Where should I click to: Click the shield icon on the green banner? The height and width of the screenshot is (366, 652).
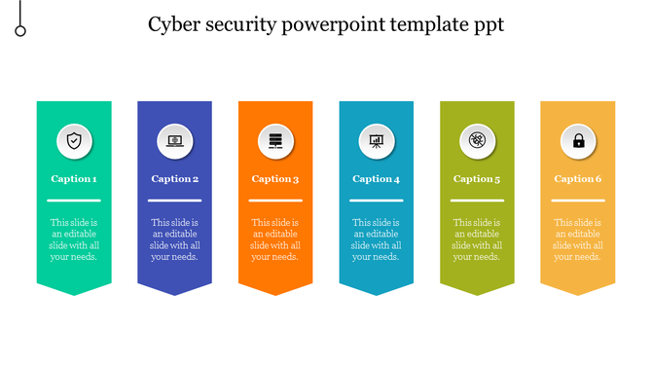pyautogui.click(x=74, y=141)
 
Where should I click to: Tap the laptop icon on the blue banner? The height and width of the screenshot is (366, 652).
pyautogui.click(x=175, y=141)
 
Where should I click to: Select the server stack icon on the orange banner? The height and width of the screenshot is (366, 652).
pyautogui.click(x=275, y=141)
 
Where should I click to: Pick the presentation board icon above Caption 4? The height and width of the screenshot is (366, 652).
pyautogui.click(x=377, y=141)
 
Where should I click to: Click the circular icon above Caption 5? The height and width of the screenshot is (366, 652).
pyautogui.click(x=477, y=141)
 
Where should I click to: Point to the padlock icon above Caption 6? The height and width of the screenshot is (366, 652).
pyautogui.click(x=578, y=141)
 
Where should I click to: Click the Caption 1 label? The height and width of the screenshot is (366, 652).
pyautogui.click(x=74, y=179)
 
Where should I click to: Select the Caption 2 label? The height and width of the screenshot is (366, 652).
pyautogui.click(x=175, y=179)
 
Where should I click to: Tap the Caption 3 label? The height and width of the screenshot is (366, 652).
pyautogui.click(x=275, y=179)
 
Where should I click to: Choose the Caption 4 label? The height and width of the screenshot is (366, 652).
pyautogui.click(x=377, y=179)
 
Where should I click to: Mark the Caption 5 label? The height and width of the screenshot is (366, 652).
pyautogui.click(x=477, y=179)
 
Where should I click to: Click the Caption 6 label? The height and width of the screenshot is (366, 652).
pyautogui.click(x=578, y=179)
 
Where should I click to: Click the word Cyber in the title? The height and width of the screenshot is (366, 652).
pyautogui.click(x=175, y=24)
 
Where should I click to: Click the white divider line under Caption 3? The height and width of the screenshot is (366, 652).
pyautogui.click(x=275, y=201)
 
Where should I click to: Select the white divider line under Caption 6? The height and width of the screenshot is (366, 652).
pyautogui.click(x=578, y=201)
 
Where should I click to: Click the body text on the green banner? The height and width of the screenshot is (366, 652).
pyautogui.click(x=74, y=239)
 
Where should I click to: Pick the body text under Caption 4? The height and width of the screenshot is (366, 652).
pyautogui.click(x=377, y=239)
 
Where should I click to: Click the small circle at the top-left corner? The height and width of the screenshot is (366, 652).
pyautogui.click(x=20, y=30)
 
